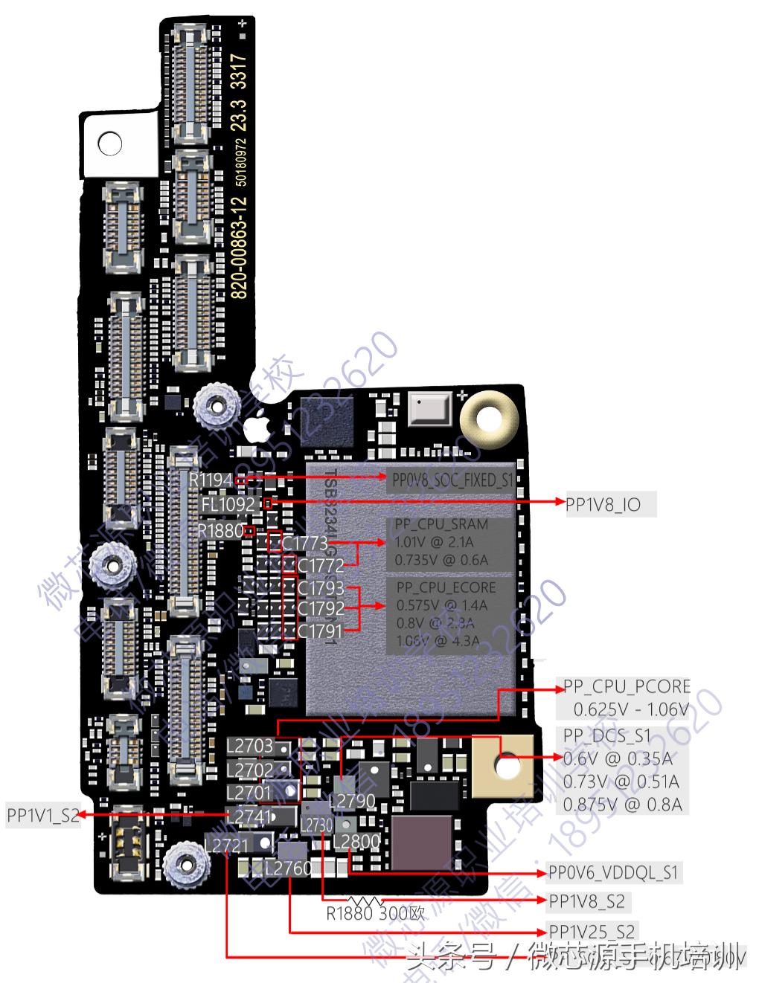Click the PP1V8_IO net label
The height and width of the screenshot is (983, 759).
[x=603, y=505]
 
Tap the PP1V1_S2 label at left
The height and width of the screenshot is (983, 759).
[x=42, y=815]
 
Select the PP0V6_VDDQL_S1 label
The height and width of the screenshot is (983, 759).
[x=613, y=872]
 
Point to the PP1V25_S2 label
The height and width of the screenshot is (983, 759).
[x=592, y=931]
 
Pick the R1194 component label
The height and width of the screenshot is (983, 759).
[x=211, y=480]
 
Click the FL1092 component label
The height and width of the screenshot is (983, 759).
[x=228, y=505]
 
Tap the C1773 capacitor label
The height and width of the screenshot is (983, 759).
[x=304, y=543]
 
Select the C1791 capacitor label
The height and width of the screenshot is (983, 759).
[x=320, y=631]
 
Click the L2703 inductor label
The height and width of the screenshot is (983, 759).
[x=250, y=745]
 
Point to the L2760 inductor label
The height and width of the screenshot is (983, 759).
[x=288, y=868]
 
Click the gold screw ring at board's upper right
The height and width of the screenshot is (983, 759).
[x=488, y=414]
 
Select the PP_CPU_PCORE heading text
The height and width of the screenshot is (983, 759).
[x=627, y=686]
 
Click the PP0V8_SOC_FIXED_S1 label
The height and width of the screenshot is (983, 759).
[x=452, y=480]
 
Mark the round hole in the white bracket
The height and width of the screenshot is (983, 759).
[x=109, y=143]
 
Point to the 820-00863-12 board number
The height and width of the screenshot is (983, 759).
[x=239, y=245]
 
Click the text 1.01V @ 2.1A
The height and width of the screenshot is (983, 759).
[x=434, y=542]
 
